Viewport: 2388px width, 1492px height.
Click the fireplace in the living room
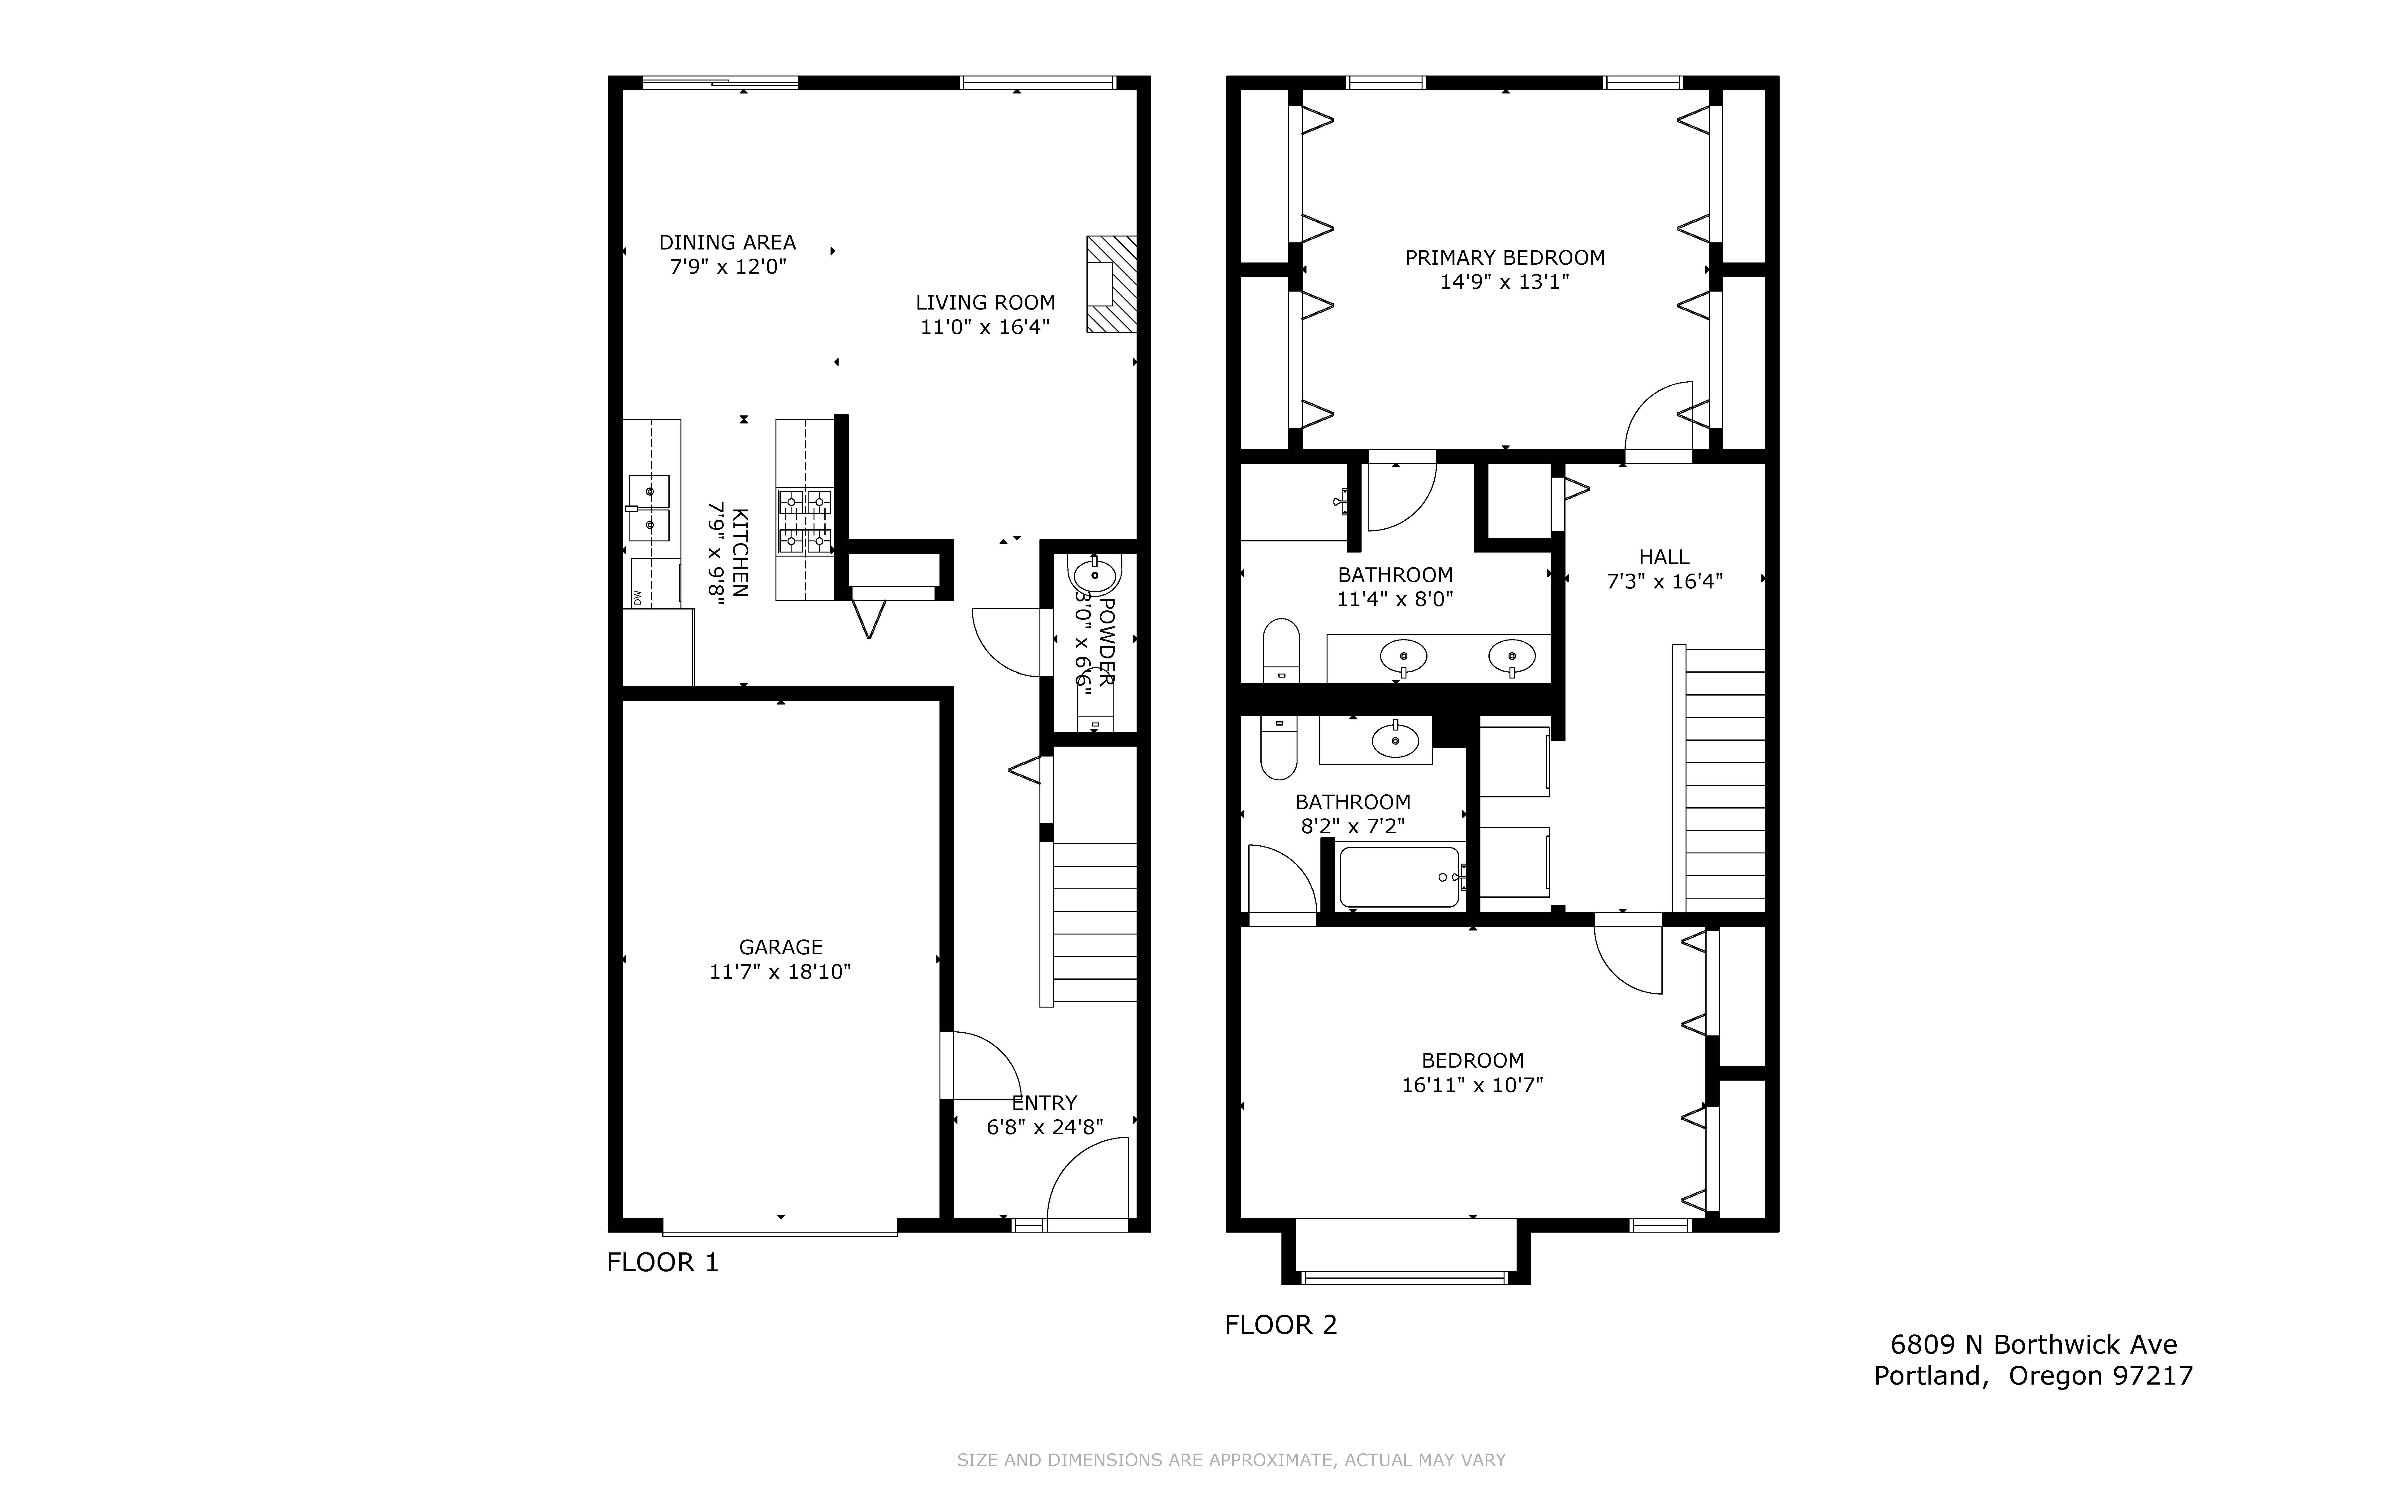click(1112, 284)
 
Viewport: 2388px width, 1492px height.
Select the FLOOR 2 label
click(1280, 1324)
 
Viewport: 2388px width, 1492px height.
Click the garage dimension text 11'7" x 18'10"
click(780, 972)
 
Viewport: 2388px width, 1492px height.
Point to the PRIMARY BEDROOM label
click(1505, 258)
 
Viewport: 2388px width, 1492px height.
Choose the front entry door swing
click(1087, 1182)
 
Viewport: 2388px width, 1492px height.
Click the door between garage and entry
click(979, 1066)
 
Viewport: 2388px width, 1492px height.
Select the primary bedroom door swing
click(1659, 419)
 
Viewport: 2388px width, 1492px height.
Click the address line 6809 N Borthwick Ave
click(2033, 1344)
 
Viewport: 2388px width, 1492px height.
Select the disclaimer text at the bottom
click(1231, 1459)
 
